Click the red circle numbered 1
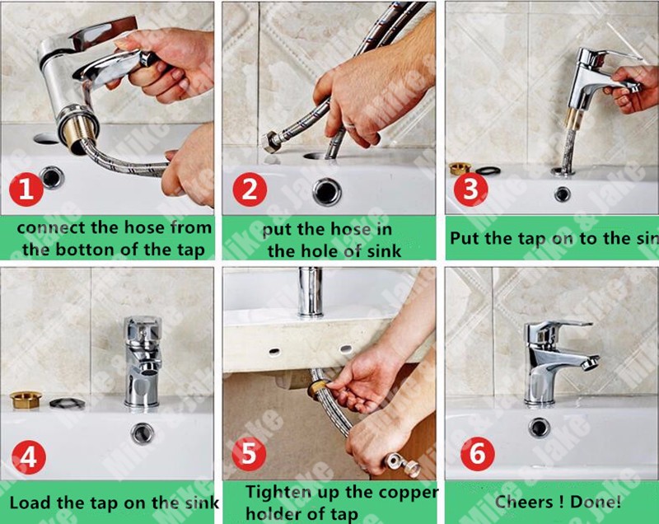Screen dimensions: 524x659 pos(27,190)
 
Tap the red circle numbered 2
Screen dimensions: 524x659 pos(250,190)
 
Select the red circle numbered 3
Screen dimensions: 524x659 pos(470,189)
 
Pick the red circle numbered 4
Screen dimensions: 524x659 pos(27,458)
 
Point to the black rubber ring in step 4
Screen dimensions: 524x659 pos(63,404)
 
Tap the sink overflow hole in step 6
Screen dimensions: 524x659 pos(540,427)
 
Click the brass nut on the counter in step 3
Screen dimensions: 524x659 pos(459,168)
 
